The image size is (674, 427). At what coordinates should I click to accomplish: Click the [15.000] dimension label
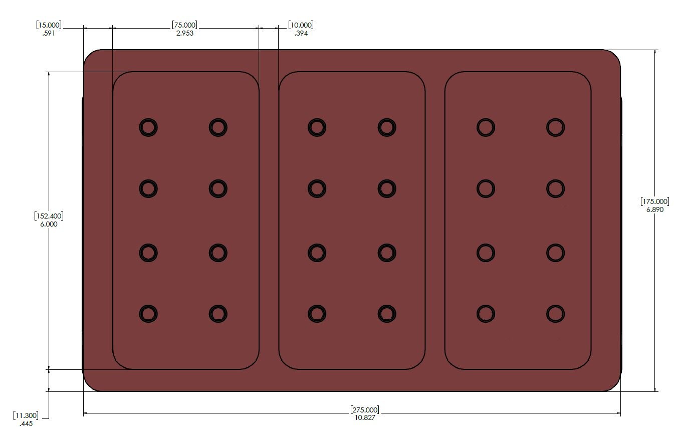coord(49,25)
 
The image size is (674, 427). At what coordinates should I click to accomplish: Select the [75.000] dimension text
coord(185,25)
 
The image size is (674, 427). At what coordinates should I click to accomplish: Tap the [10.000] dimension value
coord(301,25)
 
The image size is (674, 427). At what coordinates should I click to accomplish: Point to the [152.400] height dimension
coord(49,216)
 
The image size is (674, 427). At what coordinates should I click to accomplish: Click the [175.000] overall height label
coord(655,201)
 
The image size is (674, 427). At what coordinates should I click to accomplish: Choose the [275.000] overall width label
coord(365,409)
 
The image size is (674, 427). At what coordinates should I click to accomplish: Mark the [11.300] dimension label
coord(26,415)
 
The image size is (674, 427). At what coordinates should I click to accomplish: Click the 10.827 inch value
coord(365,417)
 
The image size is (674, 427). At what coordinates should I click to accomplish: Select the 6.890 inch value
coord(655,209)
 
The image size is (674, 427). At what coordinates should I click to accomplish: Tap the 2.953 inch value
coord(185,33)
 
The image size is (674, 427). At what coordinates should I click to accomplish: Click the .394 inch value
coord(301,33)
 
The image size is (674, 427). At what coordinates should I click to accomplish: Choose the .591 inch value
coord(49,33)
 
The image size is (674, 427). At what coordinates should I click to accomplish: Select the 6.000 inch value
coord(49,224)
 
